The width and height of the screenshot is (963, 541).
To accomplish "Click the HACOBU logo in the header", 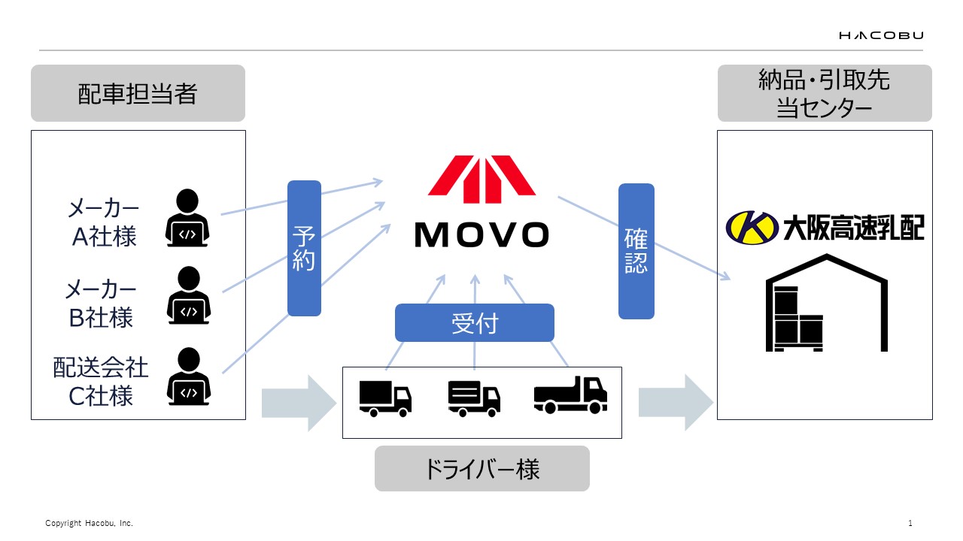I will (881, 35).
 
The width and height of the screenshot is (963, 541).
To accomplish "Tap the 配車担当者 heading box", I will (138, 93).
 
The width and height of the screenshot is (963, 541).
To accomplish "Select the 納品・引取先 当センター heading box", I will (825, 93).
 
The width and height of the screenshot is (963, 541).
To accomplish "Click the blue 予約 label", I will (304, 248).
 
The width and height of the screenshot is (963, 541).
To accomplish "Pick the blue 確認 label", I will (636, 250).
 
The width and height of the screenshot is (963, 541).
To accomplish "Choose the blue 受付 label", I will (474, 323).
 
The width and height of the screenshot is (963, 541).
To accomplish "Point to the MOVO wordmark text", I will (481, 235).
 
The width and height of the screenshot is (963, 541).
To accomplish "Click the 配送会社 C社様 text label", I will (101, 382).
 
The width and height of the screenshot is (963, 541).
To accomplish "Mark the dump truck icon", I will (570, 394).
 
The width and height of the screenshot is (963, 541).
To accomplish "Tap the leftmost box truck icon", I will (385, 398).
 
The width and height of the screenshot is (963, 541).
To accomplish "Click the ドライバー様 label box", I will (481, 469).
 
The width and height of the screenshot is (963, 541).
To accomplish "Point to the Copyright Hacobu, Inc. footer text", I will (89, 523).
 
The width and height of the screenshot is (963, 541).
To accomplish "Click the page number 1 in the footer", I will (910, 523).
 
